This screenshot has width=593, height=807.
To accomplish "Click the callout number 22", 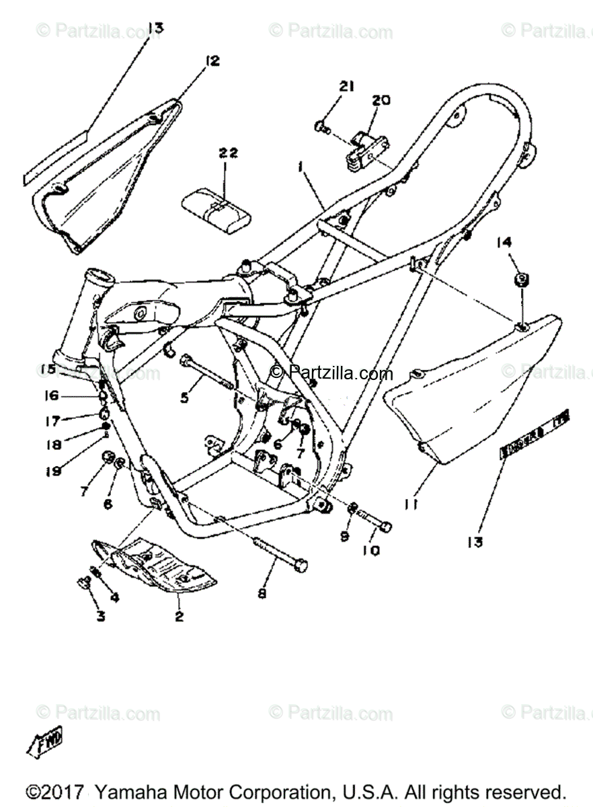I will (227, 153).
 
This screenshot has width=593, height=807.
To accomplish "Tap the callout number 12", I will (212, 62).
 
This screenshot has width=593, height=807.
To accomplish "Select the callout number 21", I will (346, 86).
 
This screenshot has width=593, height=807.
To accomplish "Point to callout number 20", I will (381, 100).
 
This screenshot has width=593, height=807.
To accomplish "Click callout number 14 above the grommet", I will (505, 243).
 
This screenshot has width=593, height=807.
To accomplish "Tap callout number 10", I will (370, 550).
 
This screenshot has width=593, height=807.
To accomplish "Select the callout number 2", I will (179, 615).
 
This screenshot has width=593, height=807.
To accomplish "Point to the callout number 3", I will (100, 615).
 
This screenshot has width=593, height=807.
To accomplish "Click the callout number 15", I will (47, 369).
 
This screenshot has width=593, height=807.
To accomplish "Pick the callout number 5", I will (185, 397).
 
